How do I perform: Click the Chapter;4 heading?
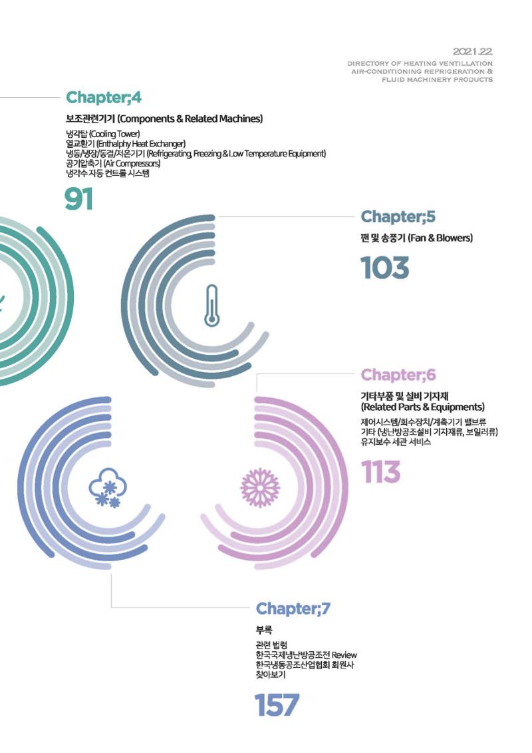[104, 97]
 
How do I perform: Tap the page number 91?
[79, 199]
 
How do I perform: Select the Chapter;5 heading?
[398, 216]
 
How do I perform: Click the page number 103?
[385, 268]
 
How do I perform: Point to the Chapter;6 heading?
[398, 375]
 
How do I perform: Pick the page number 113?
[380, 472]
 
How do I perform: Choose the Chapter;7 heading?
[293, 609]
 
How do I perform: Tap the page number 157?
[277, 704]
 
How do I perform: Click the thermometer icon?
[211, 306]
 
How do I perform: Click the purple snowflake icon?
[259, 488]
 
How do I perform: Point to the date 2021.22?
[473, 51]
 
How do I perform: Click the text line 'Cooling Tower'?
[102, 134]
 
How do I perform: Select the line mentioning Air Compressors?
[113, 163]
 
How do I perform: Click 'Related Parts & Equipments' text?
[423, 407]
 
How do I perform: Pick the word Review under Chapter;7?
[344, 655]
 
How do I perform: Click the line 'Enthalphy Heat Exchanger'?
[126, 144]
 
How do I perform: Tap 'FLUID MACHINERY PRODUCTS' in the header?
[437, 80]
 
